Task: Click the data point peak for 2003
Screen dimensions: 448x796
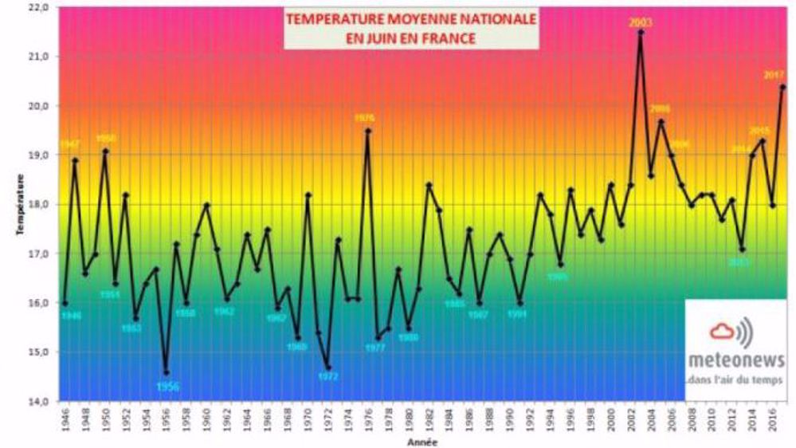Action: [641, 33]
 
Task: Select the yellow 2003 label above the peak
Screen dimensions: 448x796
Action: [641, 22]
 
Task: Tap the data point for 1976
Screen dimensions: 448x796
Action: [367, 131]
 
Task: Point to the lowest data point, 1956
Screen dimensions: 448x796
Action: [166, 372]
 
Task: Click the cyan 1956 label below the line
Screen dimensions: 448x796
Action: [167, 387]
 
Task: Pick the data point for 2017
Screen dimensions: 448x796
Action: [782, 87]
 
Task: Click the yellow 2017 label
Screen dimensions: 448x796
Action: [774, 75]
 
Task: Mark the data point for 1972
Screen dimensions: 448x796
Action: [327, 367]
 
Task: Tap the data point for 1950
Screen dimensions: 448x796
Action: [105, 151]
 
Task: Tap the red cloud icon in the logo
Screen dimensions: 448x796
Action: [723, 330]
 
